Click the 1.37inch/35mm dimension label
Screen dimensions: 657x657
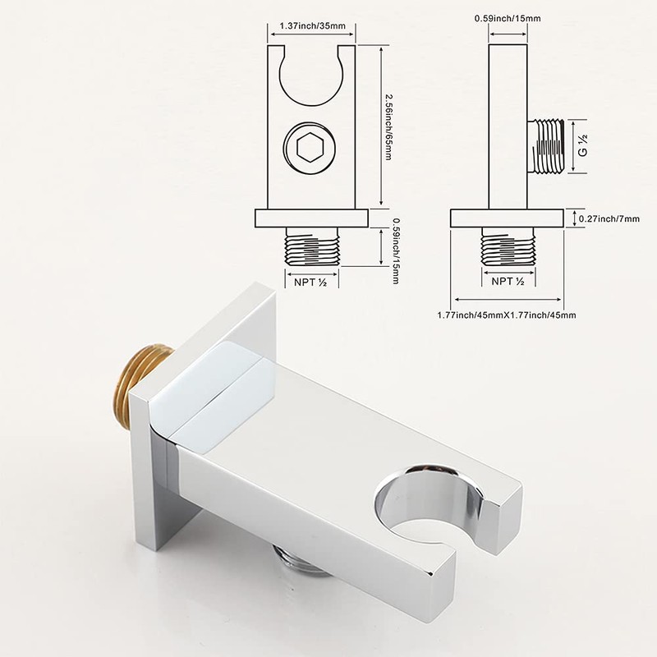click(x=311, y=26)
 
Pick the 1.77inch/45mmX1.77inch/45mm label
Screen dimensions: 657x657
click(x=506, y=315)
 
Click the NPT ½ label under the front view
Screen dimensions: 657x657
click(x=311, y=281)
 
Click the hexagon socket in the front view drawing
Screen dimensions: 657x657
click(x=310, y=149)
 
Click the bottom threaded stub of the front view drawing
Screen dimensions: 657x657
click(x=311, y=246)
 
